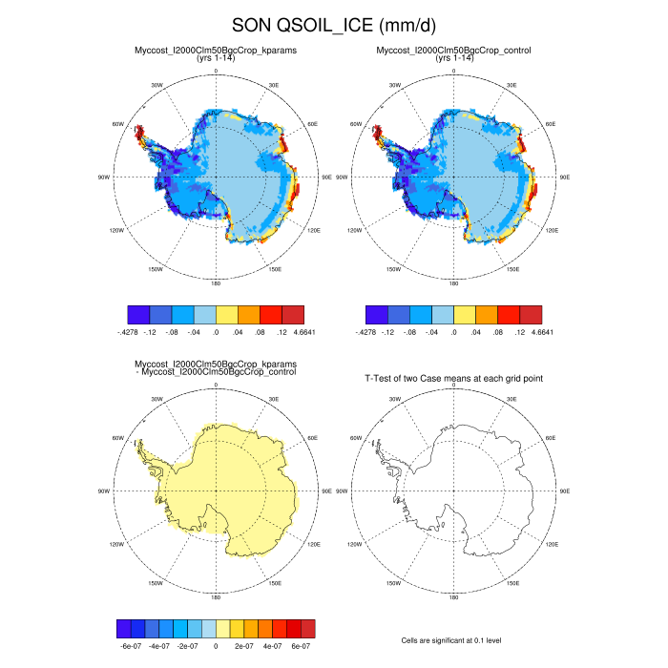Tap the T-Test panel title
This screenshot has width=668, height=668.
click(x=454, y=379)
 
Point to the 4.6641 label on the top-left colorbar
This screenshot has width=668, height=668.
click(x=303, y=331)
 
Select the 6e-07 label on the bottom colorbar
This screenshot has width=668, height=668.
click(x=301, y=646)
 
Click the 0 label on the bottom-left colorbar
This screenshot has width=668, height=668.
click(x=216, y=646)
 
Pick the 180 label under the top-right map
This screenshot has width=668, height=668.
click(x=454, y=283)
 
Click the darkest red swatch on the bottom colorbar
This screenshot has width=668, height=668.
click(x=307, y=628)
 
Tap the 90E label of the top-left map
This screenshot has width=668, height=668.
click(x=326, y=177)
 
